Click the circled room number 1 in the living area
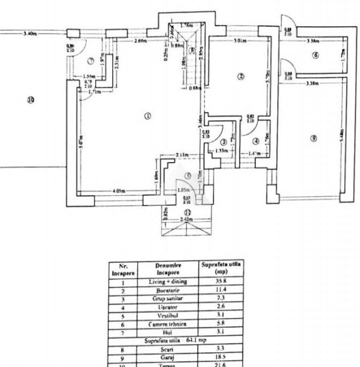coord(148,115)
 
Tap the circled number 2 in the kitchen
coord(241,77)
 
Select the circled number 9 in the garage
coord(314,139)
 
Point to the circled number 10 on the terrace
coord(31,99)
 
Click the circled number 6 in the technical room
coord(316,55)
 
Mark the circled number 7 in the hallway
coord(91,60)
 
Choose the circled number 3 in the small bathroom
coord(223,142)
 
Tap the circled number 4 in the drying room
coord(255,141)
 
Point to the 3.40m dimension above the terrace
coord(30,33)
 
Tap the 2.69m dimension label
coord(141,41)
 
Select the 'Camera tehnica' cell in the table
coord(168,323)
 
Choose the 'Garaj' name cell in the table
coord(168,356)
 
